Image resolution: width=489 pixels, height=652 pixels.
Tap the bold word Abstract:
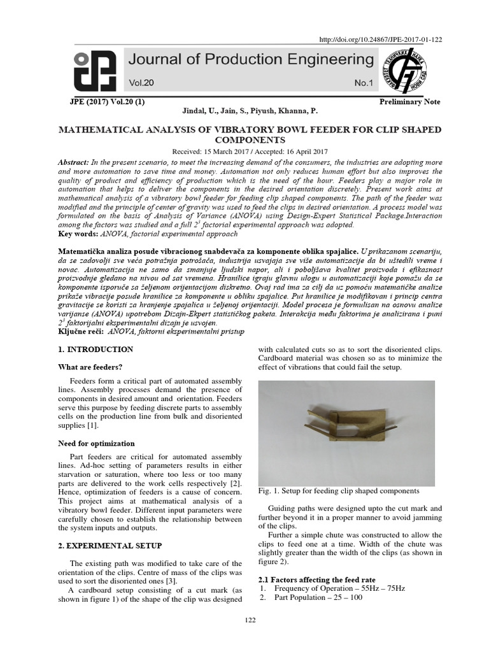[x=76, y=163]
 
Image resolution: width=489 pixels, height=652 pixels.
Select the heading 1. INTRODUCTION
[x=96, y=350]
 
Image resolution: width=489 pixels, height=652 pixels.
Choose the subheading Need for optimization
[x=97, y=443]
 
